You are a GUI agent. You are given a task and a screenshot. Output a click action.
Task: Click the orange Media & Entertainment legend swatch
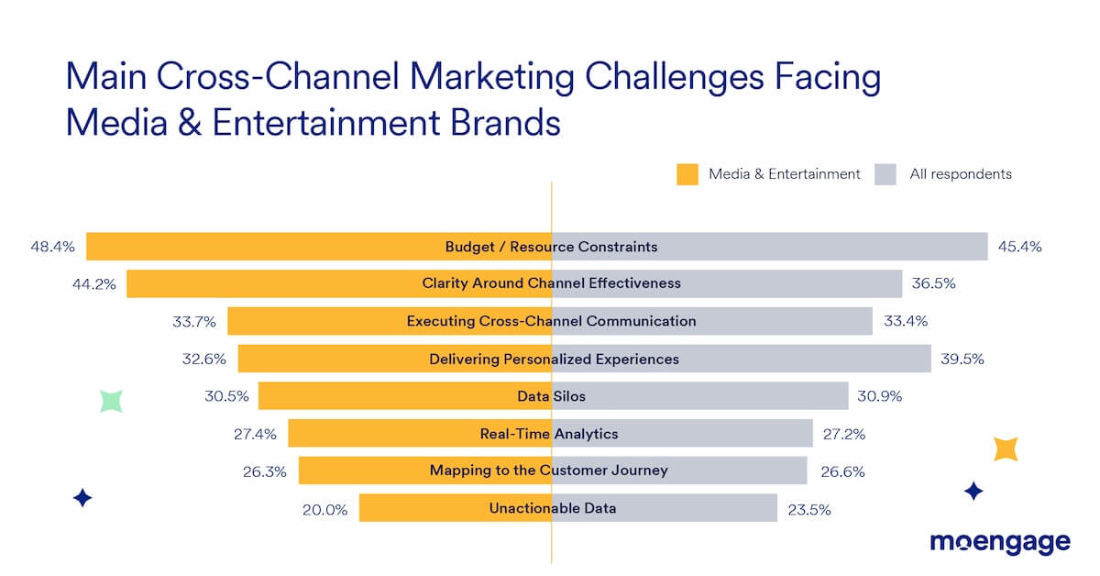pos(687,174)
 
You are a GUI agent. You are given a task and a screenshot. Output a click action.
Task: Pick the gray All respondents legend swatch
pos(885,174)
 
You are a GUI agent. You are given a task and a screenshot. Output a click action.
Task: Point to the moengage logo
pos(1000,542)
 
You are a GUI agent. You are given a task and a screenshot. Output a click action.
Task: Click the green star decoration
pos(111,401)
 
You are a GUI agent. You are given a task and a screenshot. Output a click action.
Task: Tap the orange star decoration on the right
pos(1006,449)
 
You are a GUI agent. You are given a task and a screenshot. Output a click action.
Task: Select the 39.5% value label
pos(962,359)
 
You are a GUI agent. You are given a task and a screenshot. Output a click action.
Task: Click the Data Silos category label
pos(551,396)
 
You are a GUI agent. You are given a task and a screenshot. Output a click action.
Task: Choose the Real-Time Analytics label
pos(549,434)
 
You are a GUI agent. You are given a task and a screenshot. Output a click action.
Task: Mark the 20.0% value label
pos(325,509)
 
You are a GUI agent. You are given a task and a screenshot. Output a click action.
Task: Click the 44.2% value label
pos(94,284)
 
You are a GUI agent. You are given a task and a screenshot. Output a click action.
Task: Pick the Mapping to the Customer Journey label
pos(549,471)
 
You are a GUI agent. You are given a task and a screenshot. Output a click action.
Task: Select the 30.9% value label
pos(880,396)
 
